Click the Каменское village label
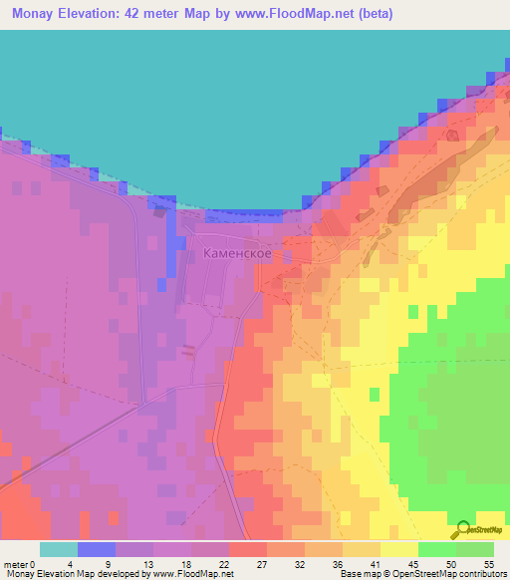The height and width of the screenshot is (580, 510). coord(238,254)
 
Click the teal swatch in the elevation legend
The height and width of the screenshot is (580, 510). coord(59,549)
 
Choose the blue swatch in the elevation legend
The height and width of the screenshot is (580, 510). coord(97,549)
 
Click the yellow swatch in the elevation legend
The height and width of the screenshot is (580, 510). coord(399,549)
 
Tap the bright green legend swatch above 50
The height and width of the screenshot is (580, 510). coord(437,549)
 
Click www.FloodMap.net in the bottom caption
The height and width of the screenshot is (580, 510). coord(189,574)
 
